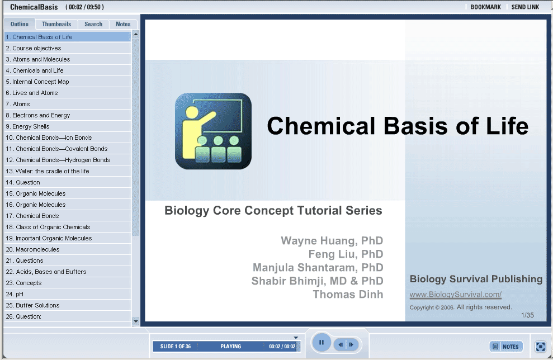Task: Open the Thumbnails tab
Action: pyautogui.click(x=56, y=24)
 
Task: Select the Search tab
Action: pyautogui.click(x=93, y=24)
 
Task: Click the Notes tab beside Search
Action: pyautogui.click(x=123, y=24)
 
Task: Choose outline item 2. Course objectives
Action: pyautogui.click(x=34, y=48)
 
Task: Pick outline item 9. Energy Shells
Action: pyautogui.click(x=27, y=126)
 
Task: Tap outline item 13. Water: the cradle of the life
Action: pyautogui.click(x=48, y=172)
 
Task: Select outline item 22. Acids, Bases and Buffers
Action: pyautogui.click(x=46, y=272)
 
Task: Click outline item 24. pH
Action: pyautogui.click(x=15, y=294)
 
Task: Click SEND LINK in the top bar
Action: pyautogui.click(x=525, y=7)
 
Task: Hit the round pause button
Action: pyautogui.click(x=322, y=342)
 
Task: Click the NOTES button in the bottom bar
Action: pyautogui.click(x=505, y=347)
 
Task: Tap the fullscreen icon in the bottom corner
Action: pyautogui.click(x=540, y=347)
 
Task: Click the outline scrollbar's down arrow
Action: pyautogui.click(x=136, y=321)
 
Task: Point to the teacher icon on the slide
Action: pyautogui.click(x=214, y=131)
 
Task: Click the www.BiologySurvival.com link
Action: pyautogui.click(x=455, y=295)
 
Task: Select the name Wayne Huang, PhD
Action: pyautogui.click(x=332, y=240)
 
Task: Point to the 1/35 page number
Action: pyautogui.click(x=527, y=315)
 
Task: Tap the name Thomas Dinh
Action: pyautogui.click(x=348, y=295)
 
